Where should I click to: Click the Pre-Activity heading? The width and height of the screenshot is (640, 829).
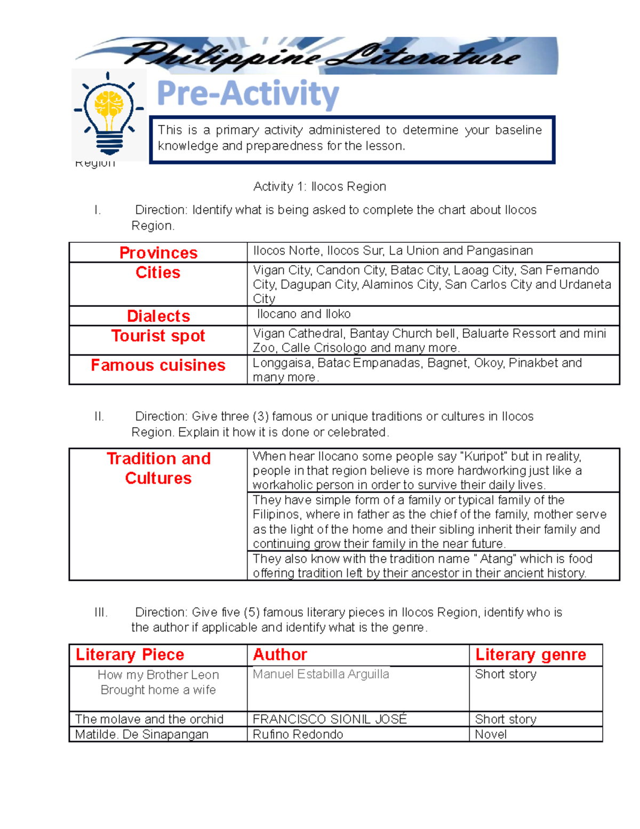(248, 94)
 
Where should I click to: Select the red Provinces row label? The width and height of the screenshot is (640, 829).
(158, 252)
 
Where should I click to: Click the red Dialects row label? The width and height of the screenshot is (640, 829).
(158, 316)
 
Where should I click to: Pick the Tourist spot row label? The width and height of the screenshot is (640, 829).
(158, 336)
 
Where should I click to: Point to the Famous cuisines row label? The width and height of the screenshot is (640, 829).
(158, 365)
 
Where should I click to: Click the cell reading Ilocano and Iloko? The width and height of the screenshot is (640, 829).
(303, 314)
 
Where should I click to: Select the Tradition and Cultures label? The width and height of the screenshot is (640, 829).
(158, 468)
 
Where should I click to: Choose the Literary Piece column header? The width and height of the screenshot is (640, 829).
(130, 654)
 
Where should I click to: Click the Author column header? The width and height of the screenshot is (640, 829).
(280, 654)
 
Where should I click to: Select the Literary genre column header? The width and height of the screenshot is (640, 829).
(530, 654)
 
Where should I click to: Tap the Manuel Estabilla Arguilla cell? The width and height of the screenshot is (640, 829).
(321, 674)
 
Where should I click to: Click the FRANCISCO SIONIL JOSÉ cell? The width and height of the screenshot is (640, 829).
(330, 719)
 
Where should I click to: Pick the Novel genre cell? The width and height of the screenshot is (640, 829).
(491, 735)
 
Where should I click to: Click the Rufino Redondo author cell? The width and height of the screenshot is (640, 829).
(298, 735)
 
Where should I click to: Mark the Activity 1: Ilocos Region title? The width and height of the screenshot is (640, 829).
(319, 186)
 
